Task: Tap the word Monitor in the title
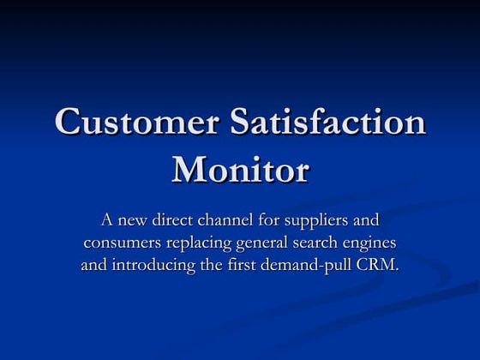pyautogui.click(x=240, y=168)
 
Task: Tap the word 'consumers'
pyautogui.click(x=121, y=243)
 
